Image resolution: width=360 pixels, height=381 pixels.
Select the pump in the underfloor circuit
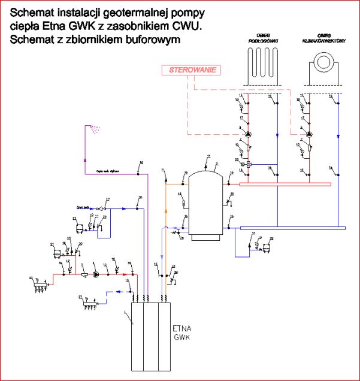pyautogui.click(x=249, y=134)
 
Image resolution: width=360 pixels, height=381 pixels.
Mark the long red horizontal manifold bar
pyautogui.click(x=285, y=183)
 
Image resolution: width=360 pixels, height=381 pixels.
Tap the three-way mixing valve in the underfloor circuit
pyautogui.click(x=249, y=162)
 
